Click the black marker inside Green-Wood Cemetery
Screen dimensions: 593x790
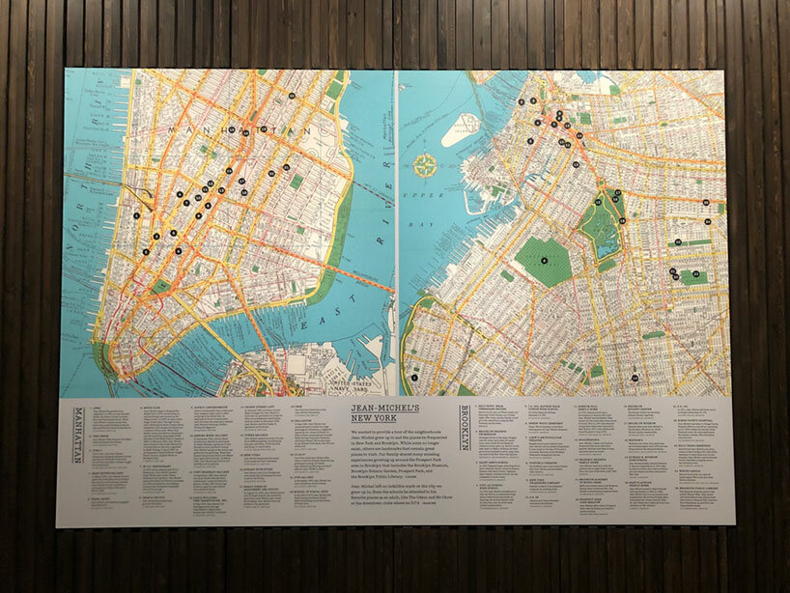(x=544, y=259)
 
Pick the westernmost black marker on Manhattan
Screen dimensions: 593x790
(x=137, y=215)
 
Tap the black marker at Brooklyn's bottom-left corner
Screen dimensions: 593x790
(x=413, y=377)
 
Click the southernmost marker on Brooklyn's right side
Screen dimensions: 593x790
(x=635, y=377)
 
